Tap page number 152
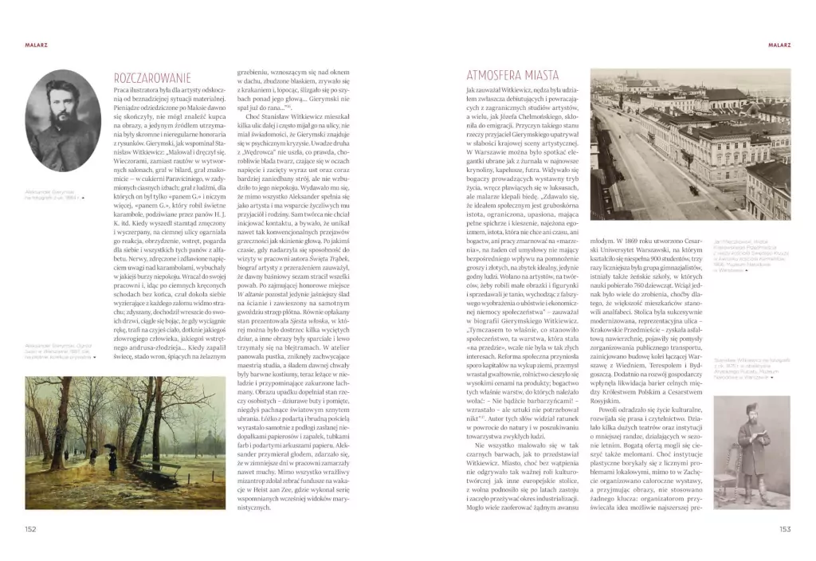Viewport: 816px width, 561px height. click(31, 528)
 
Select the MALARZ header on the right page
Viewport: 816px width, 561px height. click(778, 45)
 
